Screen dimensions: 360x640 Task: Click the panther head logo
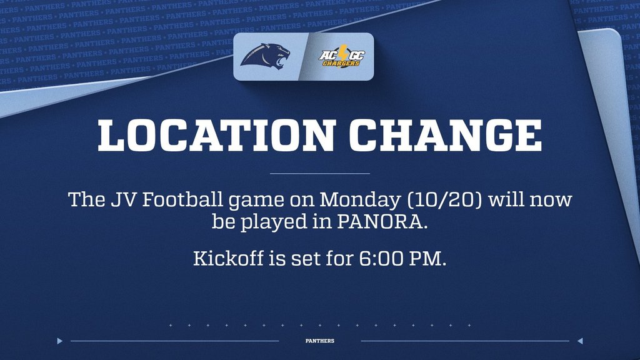266,56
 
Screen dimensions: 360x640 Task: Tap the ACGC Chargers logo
342,57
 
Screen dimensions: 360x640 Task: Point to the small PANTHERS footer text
319,341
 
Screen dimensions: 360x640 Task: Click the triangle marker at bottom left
60,341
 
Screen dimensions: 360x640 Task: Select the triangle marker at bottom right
579,341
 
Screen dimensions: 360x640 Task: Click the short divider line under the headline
319,173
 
